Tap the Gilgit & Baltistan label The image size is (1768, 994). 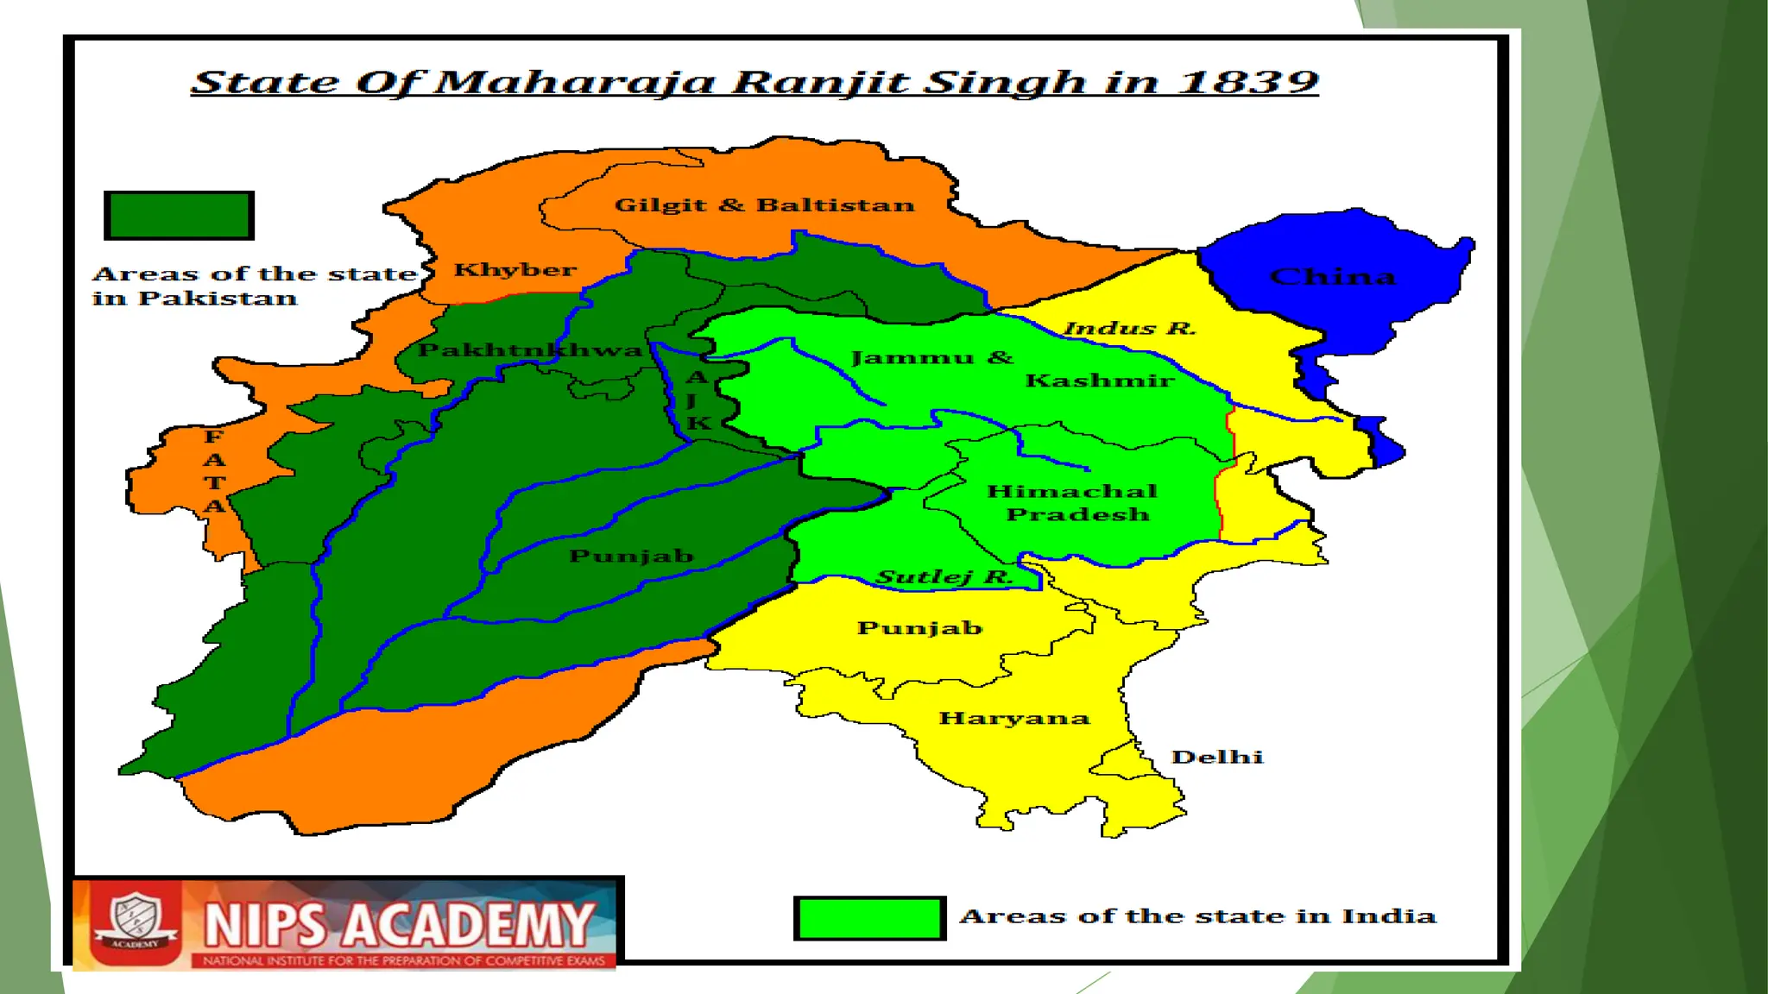point(764,205)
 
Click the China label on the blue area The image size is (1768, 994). point(1332,277)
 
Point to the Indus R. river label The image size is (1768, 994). point(1129,329)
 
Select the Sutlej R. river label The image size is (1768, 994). point(944,576)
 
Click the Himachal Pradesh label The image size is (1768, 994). point(1073,502)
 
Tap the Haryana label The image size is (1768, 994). point(1014,718)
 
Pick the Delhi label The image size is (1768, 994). point(1217,757)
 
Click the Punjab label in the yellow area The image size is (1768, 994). point(919,627)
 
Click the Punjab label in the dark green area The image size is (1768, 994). point(631,556)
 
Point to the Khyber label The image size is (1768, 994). point(515,270)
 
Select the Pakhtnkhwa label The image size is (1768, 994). point(530,350)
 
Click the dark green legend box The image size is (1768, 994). point(179,215)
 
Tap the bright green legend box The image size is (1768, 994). point(869,918)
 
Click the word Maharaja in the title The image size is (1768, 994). point(574,82)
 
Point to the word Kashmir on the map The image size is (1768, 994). point(1099,381)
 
